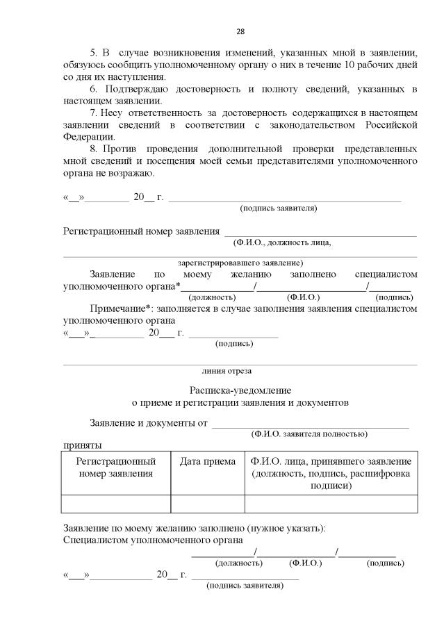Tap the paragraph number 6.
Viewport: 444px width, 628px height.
click(94, 89)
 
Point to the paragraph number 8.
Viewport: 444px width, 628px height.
click(94, 149)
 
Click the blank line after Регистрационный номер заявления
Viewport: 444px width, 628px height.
click(320, 231)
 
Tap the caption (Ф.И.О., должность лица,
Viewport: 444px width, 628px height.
click(282, 242)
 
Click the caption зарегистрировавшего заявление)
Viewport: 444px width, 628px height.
click(240, 263)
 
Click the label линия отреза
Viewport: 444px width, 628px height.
click(227, 371)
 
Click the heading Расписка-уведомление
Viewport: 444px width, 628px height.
click(240, 390)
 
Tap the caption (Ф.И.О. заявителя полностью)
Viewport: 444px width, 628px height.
click(309, 433)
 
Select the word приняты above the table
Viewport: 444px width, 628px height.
click(83, 445)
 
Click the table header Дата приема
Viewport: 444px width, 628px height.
click(207, 461)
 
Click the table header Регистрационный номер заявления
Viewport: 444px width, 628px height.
click(115, 468)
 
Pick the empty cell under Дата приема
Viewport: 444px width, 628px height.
click(207, 504)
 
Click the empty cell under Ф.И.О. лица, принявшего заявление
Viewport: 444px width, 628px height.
click(331, 504)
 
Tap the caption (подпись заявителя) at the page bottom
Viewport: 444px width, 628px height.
click(245, 586)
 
